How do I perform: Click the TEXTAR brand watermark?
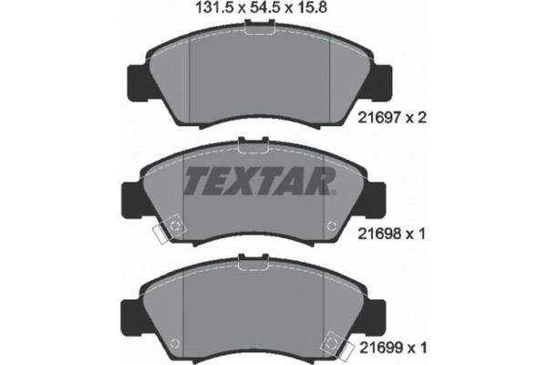click(x=259, y=182)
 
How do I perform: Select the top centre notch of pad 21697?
click(x=259, y=32)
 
